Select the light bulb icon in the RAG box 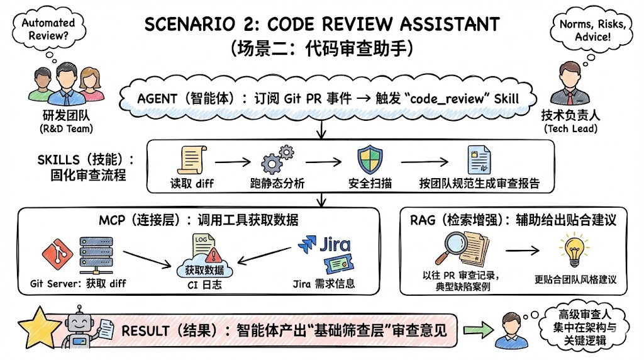tap(574, 250)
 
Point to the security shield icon tap(369, 160)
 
